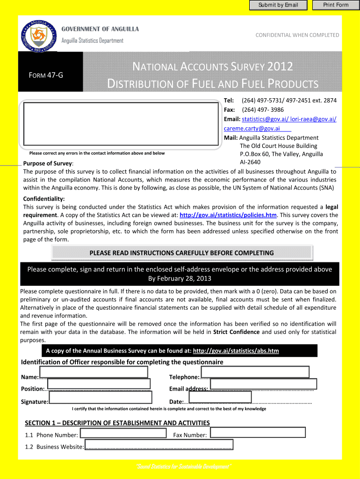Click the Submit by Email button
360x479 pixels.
278,5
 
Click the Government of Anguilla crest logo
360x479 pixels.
38,36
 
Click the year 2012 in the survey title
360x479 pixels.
281,67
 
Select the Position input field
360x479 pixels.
99,384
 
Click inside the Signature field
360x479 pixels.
101,397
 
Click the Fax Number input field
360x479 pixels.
258,433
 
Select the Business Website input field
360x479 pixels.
158,444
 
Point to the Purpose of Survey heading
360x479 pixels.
48,163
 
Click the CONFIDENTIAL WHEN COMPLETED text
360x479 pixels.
297,35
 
